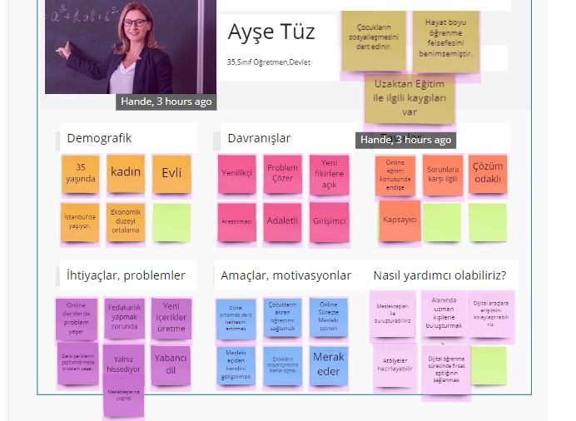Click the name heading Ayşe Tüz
pos(271,33)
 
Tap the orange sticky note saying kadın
pos(126,172)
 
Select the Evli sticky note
pos(171,172)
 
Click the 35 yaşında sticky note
pos(81,173)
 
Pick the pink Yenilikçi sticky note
pos(237,174)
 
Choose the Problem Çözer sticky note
pos(282,173)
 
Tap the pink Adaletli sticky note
pos(282,221)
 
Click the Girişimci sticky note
pos(329,221)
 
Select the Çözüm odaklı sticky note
pos(488,173)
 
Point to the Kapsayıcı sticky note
pos(400,220)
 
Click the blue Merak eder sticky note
pos(329,364)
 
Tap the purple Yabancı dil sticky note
pos(171,364)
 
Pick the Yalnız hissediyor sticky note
pos(124,364)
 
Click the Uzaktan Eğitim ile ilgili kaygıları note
pos(409,98)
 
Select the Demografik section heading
pos(99,138)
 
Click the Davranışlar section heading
pos(259,138)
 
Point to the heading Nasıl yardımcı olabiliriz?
pos(439,275)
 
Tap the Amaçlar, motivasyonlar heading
pos(286,275)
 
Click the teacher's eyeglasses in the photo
pos(135,22)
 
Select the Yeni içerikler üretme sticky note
pos(171,317)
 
